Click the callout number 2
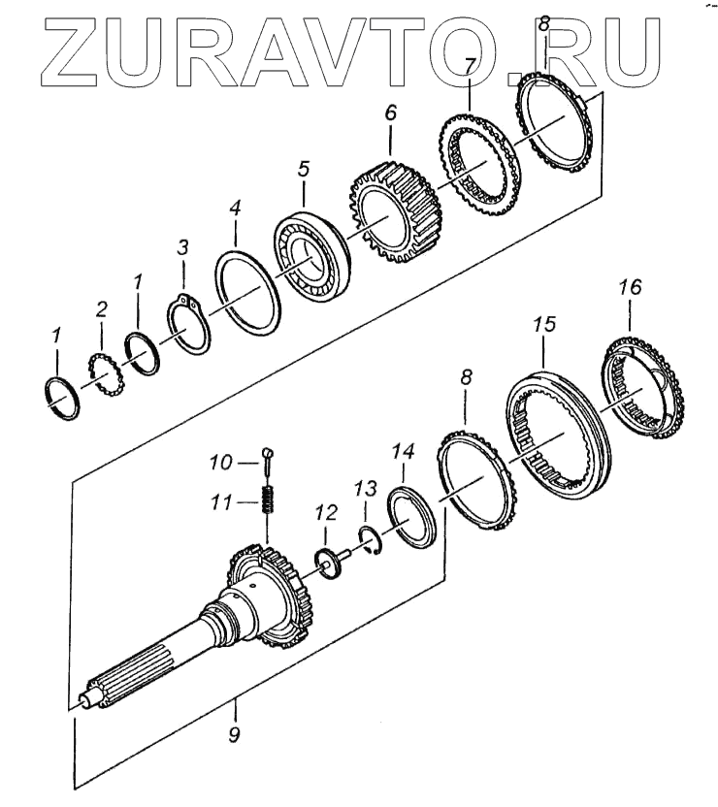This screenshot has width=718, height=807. [101, 310]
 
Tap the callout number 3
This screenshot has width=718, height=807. [182, 249]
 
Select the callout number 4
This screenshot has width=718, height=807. [234, 209]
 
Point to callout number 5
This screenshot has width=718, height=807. [304, 169]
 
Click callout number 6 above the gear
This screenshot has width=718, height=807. [390, 113]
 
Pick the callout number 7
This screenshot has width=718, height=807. [470, 66]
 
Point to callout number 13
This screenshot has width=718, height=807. [364, 485]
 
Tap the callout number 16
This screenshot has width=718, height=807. [630, 287]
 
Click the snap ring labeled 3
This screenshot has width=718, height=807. [187, 325]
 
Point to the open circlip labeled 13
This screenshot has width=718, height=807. [371, 539]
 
